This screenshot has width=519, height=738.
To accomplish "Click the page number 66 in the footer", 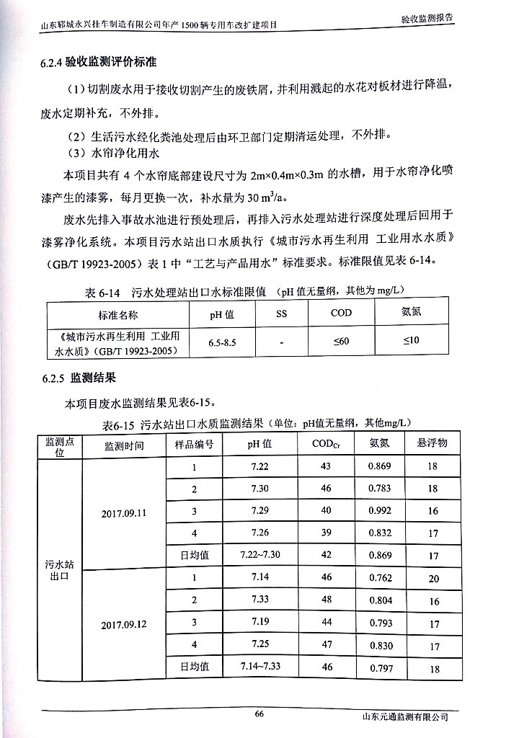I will pos(260,713).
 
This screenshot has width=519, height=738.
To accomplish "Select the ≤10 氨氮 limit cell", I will pos(410,340).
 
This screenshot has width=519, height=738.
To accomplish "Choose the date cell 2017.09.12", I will pos(124,623).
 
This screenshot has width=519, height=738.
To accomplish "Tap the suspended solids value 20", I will pos(433,579).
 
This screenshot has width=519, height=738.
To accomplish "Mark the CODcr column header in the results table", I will pos(327,445).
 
